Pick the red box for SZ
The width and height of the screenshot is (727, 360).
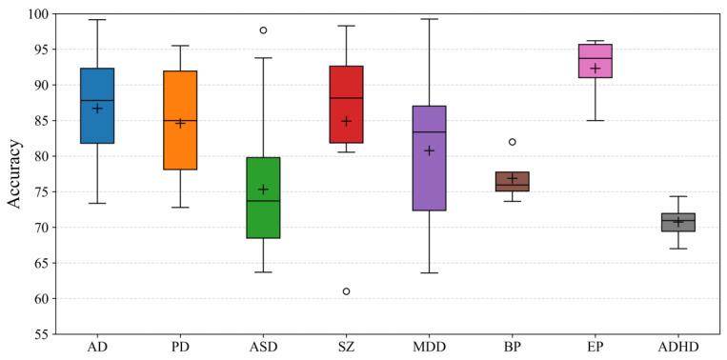(346, 105)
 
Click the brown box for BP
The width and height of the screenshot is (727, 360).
(512, 182)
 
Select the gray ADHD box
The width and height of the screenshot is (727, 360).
(677, 222)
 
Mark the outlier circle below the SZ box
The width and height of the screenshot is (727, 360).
(346, 290)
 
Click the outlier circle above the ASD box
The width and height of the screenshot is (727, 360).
(263, 30)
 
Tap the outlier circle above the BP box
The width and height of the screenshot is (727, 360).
(512, 142)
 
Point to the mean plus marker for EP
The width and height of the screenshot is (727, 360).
(595, 69)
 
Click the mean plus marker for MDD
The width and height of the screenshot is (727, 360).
(429, 150)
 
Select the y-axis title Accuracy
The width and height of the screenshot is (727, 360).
(14, 174)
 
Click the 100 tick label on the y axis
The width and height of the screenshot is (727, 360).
(36, 14)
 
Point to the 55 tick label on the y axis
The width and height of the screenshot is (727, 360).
(40, 334)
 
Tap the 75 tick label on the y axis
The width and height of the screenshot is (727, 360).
(40, 191)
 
